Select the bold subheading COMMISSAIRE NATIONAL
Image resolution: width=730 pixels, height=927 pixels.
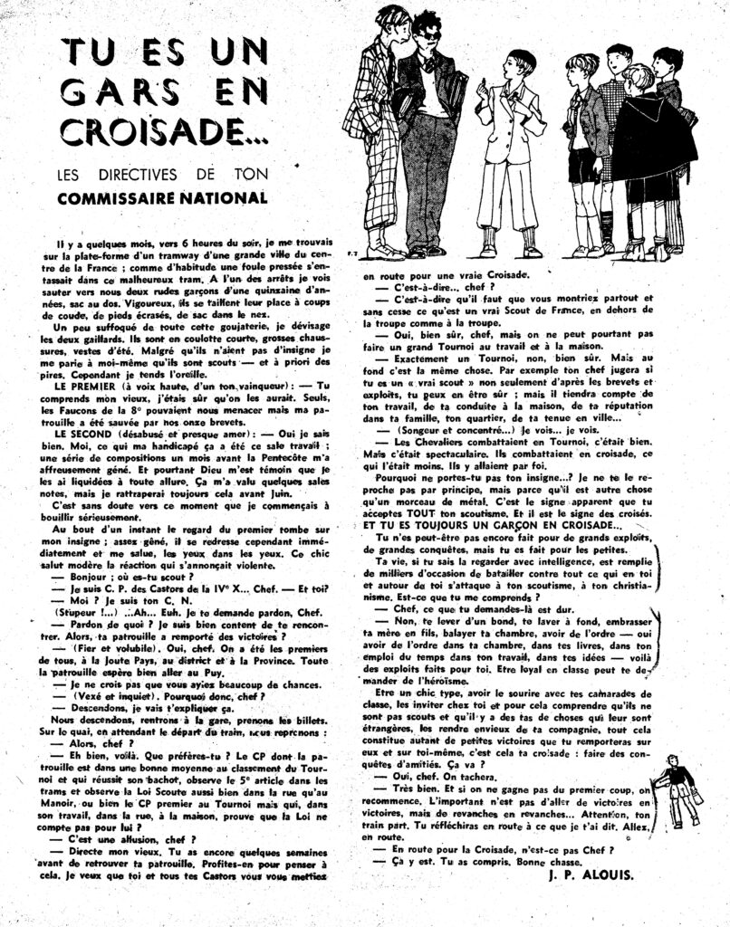(x=163, y=197)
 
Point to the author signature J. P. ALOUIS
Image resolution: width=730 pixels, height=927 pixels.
(x=592, y=875)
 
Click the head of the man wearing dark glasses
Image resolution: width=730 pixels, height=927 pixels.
(x=426, y=25)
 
